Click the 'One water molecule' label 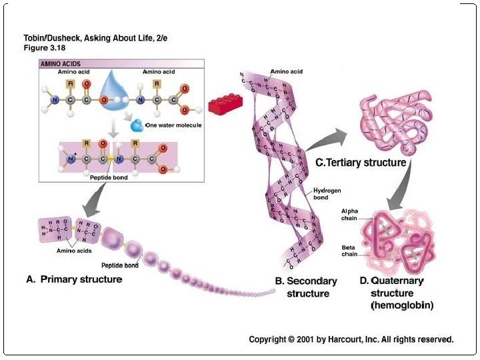coord(173,125)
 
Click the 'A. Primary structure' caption coord(73,279)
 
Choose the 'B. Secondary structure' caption coord(307,287)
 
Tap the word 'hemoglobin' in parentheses coord(402,306)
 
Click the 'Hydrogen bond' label coord(327,194)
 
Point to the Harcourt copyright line coord(351,339)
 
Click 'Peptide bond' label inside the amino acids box coord(108,177)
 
